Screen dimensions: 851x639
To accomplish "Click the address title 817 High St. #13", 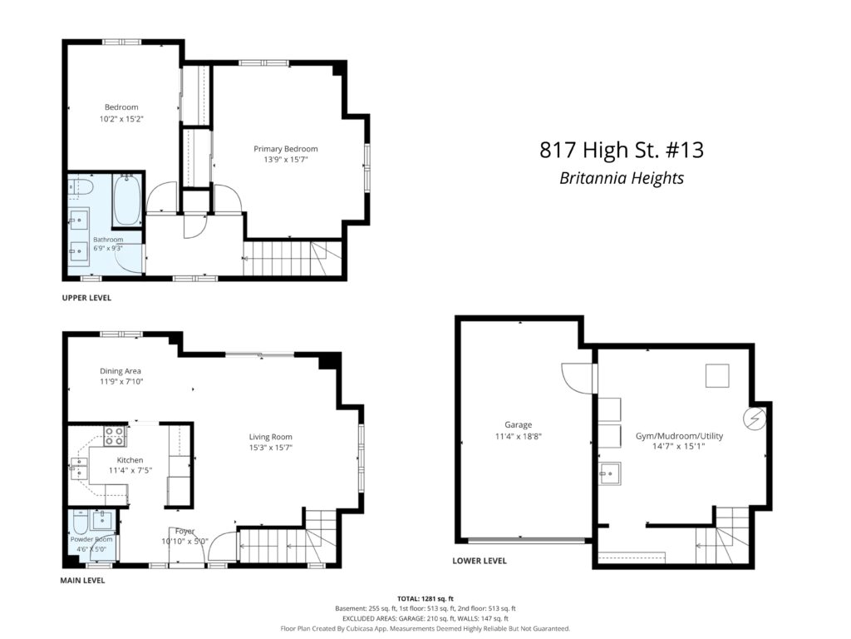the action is click(622, 150).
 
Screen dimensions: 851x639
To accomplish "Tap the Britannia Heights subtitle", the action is click(622, 178).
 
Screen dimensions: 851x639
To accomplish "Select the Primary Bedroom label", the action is click(286, 149).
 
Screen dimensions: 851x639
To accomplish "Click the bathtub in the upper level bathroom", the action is click(127, 200).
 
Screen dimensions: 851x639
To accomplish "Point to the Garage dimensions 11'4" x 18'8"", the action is click(519, 436).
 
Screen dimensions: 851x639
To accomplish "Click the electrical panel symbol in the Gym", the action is click(755, 419).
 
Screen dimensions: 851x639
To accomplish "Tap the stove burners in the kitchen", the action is click(115, 436).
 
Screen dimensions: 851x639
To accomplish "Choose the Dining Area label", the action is click(121, 371).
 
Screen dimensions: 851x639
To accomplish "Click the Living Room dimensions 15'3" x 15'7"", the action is click(271, 448).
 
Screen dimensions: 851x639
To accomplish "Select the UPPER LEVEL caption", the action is click(86, 298).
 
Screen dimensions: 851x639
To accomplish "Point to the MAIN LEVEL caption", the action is click(82, 580).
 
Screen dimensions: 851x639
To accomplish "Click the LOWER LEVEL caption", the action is click(480, 561).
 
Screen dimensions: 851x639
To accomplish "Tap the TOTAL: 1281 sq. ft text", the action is click(425, 599).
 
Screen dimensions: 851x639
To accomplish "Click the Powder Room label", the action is click(91, 539).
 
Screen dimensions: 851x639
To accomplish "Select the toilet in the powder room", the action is click(80, 522).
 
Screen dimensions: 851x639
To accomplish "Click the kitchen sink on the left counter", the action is click(79, 469).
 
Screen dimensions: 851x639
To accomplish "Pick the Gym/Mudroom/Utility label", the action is click(679, 436).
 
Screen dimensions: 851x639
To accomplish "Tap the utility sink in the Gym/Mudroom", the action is click(610, 473).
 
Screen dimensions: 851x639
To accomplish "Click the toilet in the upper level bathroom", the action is click(81, 186).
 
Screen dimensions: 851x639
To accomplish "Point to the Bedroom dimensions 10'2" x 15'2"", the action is click(121, 118).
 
